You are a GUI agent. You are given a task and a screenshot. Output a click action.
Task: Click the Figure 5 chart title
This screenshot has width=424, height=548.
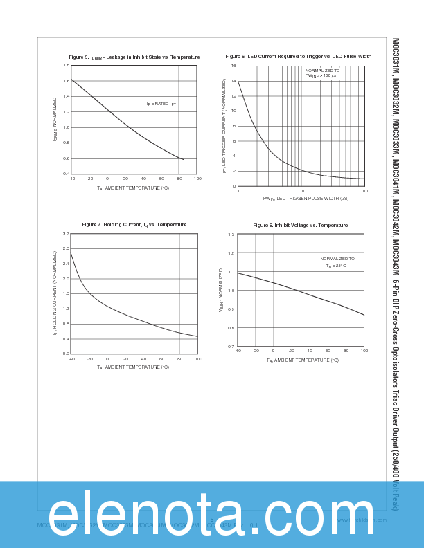tap(134, 57)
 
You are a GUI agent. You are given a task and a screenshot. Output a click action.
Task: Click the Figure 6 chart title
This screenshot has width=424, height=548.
tap(299, 56)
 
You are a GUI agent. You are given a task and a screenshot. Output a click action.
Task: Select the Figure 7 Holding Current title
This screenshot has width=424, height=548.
tap(134, 225)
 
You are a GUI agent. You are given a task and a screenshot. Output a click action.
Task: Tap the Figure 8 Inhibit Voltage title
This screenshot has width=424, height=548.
tap(300, 226)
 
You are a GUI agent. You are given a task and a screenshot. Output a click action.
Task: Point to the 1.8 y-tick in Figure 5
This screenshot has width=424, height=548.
tap(66, 65)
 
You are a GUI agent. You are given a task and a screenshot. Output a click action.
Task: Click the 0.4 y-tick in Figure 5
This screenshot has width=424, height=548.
tap(66, 174)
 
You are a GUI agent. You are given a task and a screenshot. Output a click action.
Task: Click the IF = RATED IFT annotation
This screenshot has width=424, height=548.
tap(161, 104)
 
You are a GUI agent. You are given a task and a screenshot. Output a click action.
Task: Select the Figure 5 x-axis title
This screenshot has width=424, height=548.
tap(133, 188)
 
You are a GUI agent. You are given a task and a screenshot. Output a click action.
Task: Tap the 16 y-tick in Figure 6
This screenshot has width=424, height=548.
tap(233, 66)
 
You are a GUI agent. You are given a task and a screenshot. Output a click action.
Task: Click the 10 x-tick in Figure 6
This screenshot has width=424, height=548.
tap(302, 191)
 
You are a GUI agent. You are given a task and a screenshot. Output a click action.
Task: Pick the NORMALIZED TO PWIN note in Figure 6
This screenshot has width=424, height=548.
tap(322, 73)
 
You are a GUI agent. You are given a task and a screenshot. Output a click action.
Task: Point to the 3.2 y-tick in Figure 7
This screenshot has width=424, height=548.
tap(66, 234)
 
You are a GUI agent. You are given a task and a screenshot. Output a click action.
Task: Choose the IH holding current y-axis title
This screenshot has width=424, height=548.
tap(55, 293)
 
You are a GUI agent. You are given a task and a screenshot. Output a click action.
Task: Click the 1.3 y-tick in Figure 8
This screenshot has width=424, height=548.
tap(231, 235)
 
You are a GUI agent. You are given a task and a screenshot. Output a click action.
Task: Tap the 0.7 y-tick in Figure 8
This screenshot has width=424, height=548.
tap(231, 347)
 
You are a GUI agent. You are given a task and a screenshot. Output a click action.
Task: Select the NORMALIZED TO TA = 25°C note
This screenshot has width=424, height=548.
tap(337, 262)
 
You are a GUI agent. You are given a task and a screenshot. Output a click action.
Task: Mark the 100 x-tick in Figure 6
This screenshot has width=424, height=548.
tap(365, 191)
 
